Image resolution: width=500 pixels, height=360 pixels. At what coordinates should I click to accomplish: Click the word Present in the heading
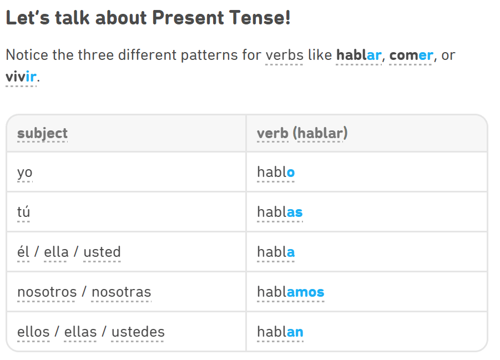tap(188, 17)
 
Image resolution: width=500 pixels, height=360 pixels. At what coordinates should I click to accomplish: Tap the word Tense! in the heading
tap(260, 17)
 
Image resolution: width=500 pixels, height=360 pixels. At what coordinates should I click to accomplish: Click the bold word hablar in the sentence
tap(358, 55)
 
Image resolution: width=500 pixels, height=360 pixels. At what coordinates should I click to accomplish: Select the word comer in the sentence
tap(411, 55)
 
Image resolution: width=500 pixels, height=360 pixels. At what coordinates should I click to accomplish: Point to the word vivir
tap(21, 77)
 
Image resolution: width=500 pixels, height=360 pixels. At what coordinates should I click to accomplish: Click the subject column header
tap(42, 133)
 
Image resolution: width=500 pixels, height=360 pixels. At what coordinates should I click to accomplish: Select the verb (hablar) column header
tap(302, 133)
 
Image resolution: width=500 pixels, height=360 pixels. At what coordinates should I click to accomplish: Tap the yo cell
tap(25, 173)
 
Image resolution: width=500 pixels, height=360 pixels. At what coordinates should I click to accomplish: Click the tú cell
tap(24, 212)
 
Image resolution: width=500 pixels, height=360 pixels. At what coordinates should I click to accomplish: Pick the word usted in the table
tap(102, 252)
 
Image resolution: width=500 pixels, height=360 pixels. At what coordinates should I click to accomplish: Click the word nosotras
tap(122, 292)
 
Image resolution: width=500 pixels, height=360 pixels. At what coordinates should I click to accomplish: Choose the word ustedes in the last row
tap(138, 332)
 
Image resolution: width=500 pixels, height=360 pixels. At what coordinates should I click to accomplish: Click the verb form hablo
tap(276, 172)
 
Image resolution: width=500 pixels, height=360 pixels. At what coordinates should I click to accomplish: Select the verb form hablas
tap(280, 212)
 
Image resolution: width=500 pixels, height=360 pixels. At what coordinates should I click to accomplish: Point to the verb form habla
tap(276, 252)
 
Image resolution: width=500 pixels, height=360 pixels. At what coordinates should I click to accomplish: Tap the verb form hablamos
tap(291, 292)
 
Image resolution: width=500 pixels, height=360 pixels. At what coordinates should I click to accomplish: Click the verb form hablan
tap(280, 332)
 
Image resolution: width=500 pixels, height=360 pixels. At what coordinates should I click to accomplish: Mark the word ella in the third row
tap(56, 252)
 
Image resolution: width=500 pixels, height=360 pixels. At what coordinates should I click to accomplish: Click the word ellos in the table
tap(33, 332)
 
